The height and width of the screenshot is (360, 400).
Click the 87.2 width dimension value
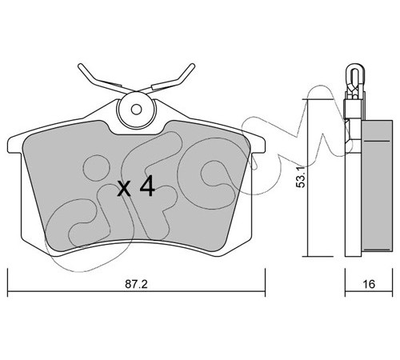tap(136, 284)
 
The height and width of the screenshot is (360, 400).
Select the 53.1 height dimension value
tap(302, 177)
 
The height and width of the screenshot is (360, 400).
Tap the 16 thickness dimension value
tap(369, 284)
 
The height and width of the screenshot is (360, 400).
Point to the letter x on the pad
tap(124, 189)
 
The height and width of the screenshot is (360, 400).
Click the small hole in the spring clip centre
tap(136, 110)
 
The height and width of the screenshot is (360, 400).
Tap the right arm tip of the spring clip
tap(192, 66)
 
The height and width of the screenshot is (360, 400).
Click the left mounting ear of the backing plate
tap(15, 146)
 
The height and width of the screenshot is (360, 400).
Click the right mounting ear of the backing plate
tap(258, 146)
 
